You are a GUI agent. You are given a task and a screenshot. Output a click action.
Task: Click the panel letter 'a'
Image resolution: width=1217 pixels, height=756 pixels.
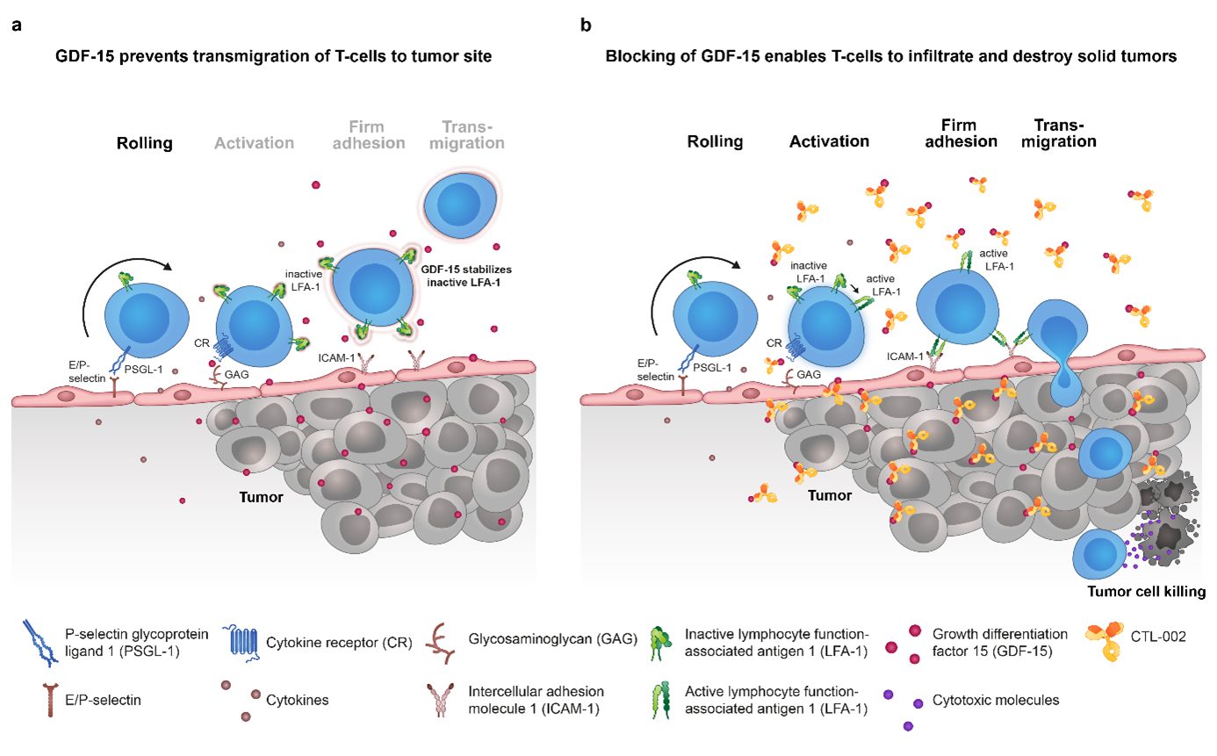16,25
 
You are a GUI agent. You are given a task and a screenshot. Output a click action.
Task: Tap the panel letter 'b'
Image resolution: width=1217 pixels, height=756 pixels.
586,25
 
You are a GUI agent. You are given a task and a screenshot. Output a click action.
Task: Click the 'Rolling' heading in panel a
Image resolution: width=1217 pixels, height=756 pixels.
146,142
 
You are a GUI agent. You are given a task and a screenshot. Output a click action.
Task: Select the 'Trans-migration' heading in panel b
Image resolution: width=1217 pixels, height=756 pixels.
1064,133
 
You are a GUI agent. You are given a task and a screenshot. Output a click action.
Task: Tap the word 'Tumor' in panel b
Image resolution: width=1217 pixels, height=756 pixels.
830,495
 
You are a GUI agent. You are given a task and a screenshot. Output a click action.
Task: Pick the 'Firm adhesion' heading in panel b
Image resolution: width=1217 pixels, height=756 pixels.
964,133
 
